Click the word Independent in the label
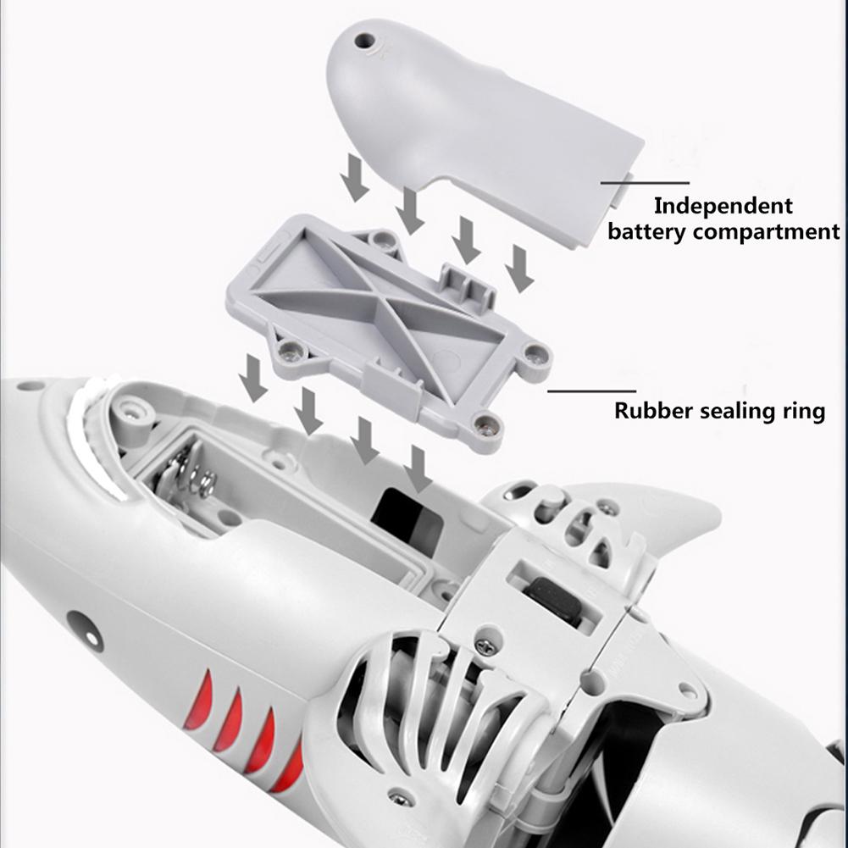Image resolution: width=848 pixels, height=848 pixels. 723,206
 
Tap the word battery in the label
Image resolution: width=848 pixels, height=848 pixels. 646,231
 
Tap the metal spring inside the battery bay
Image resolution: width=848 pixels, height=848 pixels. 193,475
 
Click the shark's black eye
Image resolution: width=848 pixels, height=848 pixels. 82,629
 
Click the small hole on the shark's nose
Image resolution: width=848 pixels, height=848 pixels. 30,387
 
